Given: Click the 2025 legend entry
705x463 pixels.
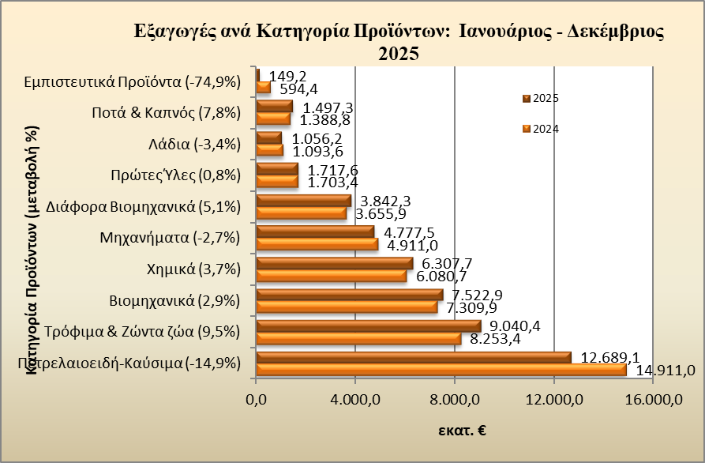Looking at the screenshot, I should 541,98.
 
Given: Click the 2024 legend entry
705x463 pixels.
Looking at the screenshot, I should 541,129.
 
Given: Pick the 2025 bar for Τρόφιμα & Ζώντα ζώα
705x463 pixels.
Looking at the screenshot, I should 369,326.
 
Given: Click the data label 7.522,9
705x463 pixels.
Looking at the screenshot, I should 477,295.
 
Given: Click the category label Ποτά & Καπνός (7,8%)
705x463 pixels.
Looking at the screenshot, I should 166,113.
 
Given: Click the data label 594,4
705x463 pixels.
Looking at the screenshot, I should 299,88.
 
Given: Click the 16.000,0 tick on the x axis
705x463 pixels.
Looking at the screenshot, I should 653,400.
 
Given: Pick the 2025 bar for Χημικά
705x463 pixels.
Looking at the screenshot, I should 335,263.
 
